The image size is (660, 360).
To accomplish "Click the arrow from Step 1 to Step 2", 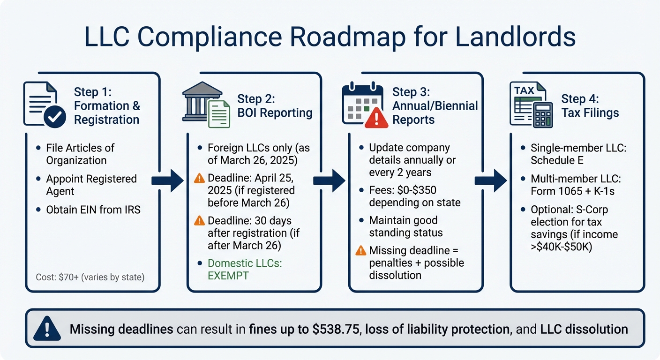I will tap(168, 180).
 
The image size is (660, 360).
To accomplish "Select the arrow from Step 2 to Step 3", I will tap(329, 180).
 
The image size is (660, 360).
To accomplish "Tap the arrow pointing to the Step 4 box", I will tap(491, 180).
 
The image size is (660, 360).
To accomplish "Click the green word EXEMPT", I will tap(228, 276).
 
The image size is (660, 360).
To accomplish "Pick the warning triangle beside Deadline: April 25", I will tap(199, 179).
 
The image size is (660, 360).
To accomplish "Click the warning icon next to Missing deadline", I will tap(360, 251).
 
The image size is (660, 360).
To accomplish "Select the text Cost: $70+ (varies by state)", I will tap(90, 277).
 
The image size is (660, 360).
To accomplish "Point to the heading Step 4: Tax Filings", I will tap(590, 106).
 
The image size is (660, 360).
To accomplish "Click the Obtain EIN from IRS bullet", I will tap(93, 210).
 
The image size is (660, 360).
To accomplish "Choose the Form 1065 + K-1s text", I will tap(572, 191).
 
